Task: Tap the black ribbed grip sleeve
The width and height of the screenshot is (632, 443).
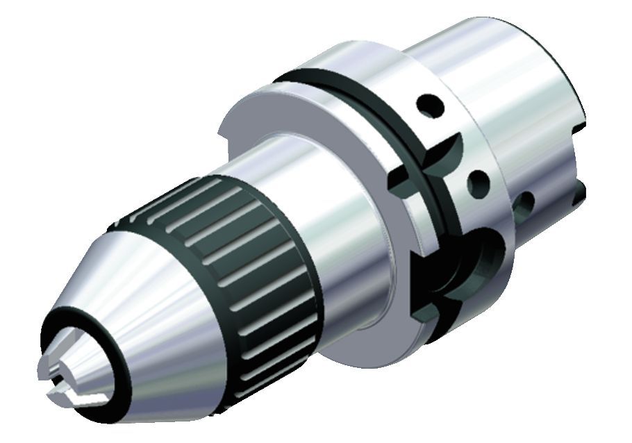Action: click(x=229, y=271)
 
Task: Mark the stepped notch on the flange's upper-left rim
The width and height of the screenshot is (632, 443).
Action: click(x=224, y=129)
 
